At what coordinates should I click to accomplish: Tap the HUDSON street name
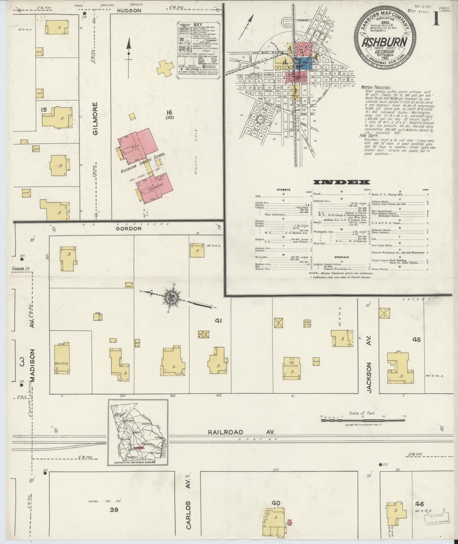point(129,10)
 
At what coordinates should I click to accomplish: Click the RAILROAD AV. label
point(241,432)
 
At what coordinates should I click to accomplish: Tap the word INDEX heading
point(341,182)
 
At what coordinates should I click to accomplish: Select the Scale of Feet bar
point(363,420)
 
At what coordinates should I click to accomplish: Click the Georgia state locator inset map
point(138,432)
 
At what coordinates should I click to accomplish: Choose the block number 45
point(416,340)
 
